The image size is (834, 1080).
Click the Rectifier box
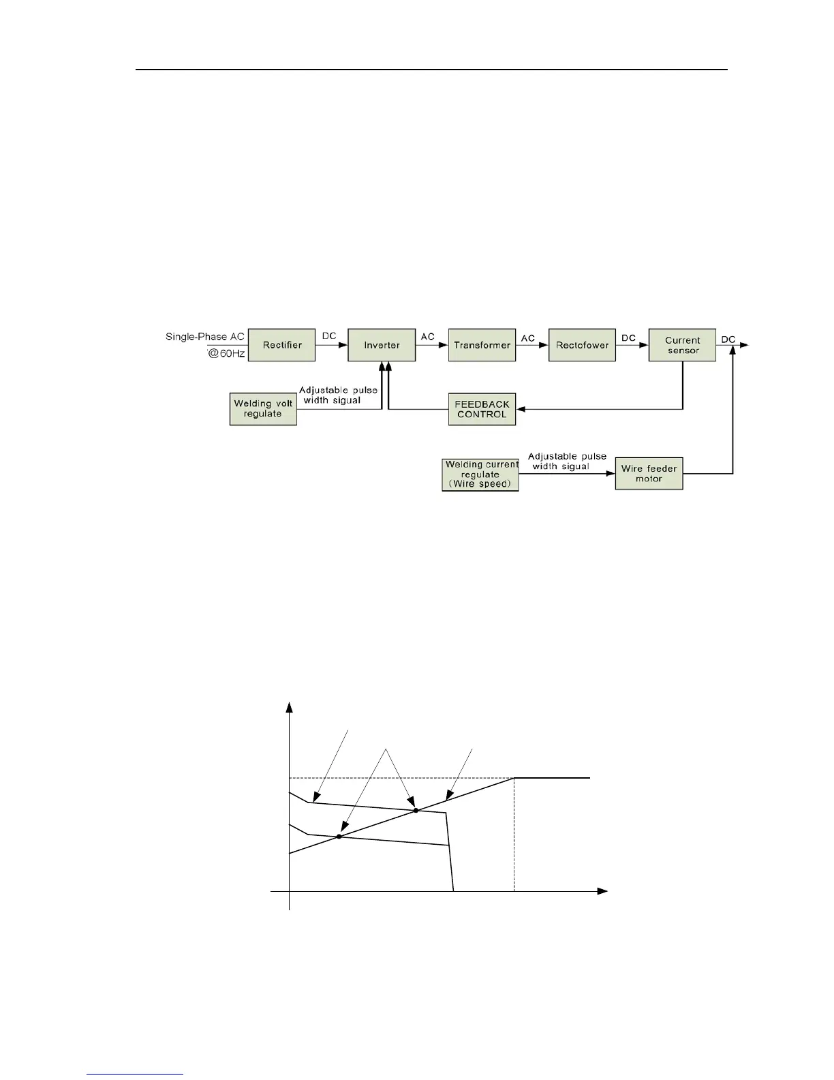click(282, 345)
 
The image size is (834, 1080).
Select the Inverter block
click(382, 345)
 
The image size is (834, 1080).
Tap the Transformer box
click(482, 345)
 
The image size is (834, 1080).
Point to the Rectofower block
click(582, 345)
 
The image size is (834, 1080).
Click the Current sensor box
click(682, 345)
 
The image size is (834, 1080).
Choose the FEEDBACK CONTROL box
click(482, 409)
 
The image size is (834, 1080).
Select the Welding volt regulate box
click(263, 409)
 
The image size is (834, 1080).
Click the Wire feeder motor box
click(649, 473)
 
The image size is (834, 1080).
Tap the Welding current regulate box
click(480, 475)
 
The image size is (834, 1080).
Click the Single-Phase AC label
click(204, 337)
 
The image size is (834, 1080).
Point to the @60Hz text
click(226, 353)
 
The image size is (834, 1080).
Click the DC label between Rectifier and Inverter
click(328, 337)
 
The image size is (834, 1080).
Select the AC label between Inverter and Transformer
click(427, 337)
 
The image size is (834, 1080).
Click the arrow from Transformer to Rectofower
click(532, 345)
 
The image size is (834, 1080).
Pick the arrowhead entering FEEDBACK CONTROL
click(521, 409)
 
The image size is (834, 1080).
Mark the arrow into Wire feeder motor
click(610, 473)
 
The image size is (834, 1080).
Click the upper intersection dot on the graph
click(416, 810)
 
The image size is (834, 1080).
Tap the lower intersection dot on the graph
click(338, 836)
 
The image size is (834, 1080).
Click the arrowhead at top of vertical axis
click(290, 706)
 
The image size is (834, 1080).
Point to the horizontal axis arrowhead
click(602, 891)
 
